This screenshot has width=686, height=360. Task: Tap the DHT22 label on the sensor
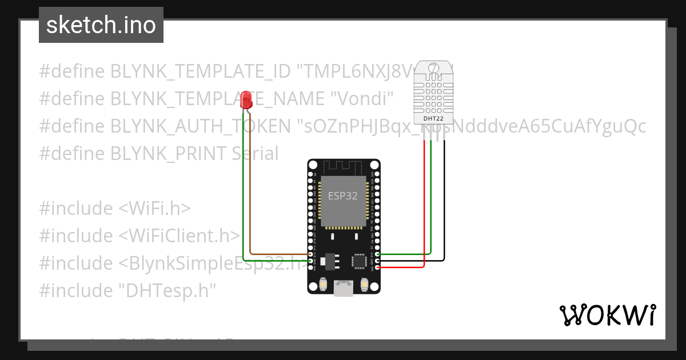(x=433, y=118)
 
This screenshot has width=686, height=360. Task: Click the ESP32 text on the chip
(x=343, y=195)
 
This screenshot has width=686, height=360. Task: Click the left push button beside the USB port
(x=324, y=284)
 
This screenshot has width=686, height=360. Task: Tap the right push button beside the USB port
(x=364, y=284)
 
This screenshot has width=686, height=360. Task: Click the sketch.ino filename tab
(x=101, y=25)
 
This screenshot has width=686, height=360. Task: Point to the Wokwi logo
(x=607, y=315)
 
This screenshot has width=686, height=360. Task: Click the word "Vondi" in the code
(x=362, y=99)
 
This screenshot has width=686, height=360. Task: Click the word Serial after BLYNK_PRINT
(x=255, y=154)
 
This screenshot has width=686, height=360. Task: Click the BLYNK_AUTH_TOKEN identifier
(x=201, y=126)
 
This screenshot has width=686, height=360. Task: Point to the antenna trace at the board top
(x=343, y=166)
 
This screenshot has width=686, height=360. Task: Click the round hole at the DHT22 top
(x=433, y=69)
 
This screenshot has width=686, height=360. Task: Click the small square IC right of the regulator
(x=360, y=261)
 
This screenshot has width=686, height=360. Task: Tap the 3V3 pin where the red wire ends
(x=377, y=267)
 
